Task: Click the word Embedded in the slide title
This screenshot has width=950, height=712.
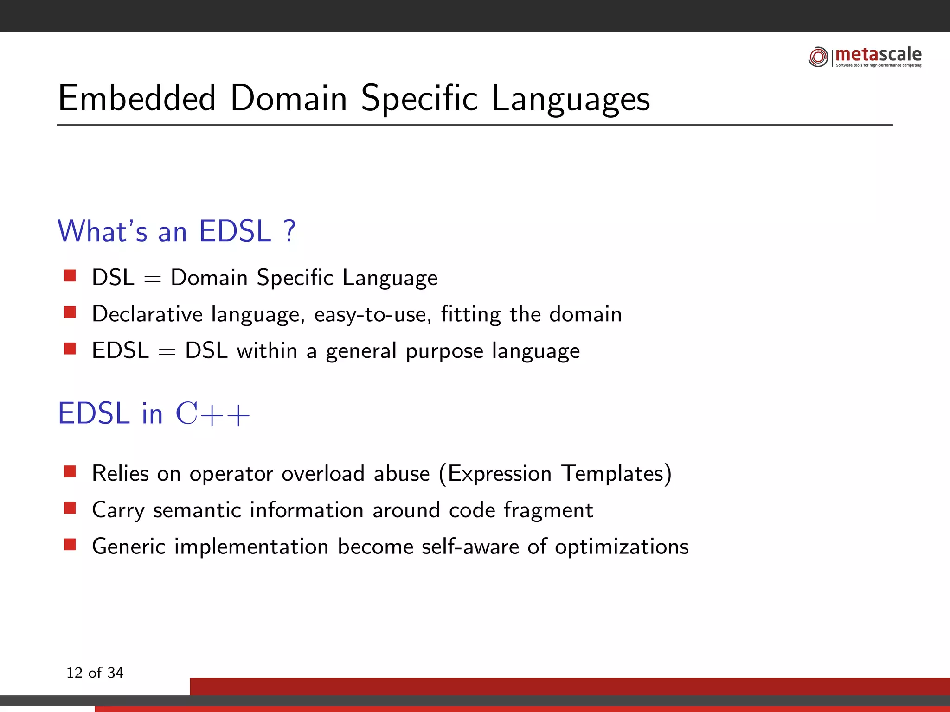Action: click(x=137, y=98)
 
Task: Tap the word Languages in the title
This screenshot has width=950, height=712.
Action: click(x=570, y=99)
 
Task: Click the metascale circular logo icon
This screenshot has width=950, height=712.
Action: click(x=818, y=57)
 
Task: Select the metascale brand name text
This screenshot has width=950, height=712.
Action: click(x=878, y=55)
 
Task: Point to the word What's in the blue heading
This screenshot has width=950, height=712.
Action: click(x=102, y=231)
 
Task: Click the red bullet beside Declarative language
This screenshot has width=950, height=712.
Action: click(x=70, y=312)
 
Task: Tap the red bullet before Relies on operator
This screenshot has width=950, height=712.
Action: click(x=70, y=472)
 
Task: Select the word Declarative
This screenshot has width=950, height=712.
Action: click(x=147, y=314)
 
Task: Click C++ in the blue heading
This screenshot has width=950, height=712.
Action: click(x=212, y=414)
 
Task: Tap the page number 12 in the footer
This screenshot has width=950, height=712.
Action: click(x=74, y=673)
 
